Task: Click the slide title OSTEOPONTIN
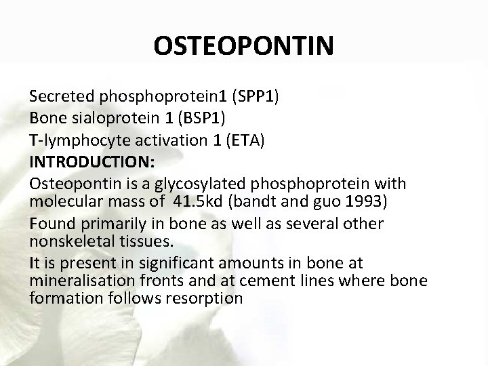243,46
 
